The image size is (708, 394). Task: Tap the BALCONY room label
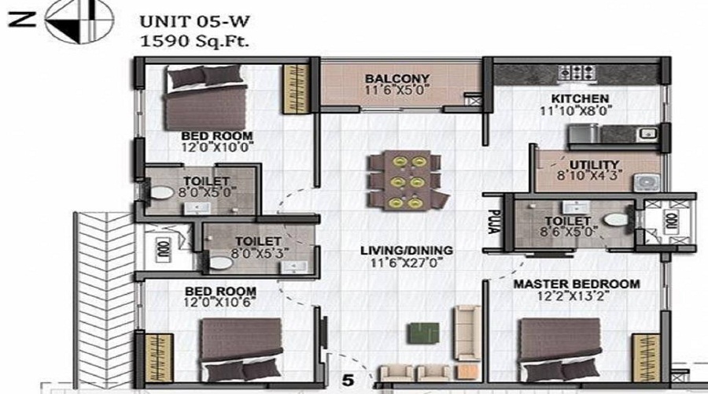point(397,79)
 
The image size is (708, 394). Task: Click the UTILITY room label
point(595,164)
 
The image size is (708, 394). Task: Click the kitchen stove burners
point(578,71)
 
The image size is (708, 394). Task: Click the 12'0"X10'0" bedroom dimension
point(206,147)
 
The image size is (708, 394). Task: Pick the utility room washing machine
point(647,180)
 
